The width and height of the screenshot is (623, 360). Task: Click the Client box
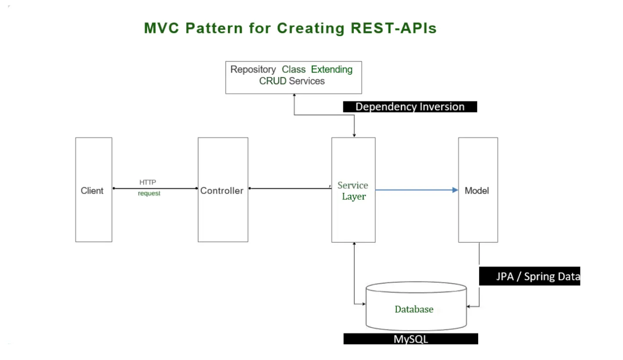(x=94, y=190)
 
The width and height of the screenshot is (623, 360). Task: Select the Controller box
(x=223, y=190)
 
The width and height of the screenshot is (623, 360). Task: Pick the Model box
(x=478, y=211)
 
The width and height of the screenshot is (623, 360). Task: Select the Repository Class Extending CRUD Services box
(x=293, y=77)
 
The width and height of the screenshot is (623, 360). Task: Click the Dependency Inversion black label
(x=410, y=107)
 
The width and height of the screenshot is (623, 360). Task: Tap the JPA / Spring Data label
(x=529, y=277)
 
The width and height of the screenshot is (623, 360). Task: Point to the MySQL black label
(x=410, y=339)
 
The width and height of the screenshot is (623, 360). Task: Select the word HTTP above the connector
(x=148, y=182)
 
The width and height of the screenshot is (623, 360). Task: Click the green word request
(x=149, y=194)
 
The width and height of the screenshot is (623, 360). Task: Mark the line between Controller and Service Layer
(x=290, y=189)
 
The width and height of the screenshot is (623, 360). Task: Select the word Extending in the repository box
(x=331, y=70)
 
